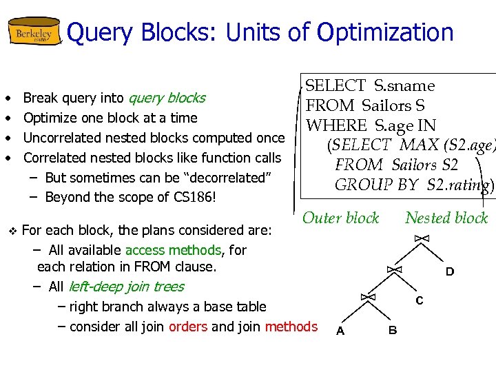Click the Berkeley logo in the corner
(34, 32)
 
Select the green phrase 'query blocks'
(167, 98)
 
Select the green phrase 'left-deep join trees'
(125, 287)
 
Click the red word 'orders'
(188, 327)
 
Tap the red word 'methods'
(291, 327)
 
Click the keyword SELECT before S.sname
(335, 86)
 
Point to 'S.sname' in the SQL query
(404, 86)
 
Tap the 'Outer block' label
(341, 218)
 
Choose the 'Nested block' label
(446, 218)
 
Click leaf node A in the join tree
(340, 331)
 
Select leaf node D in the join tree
(449, 272)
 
